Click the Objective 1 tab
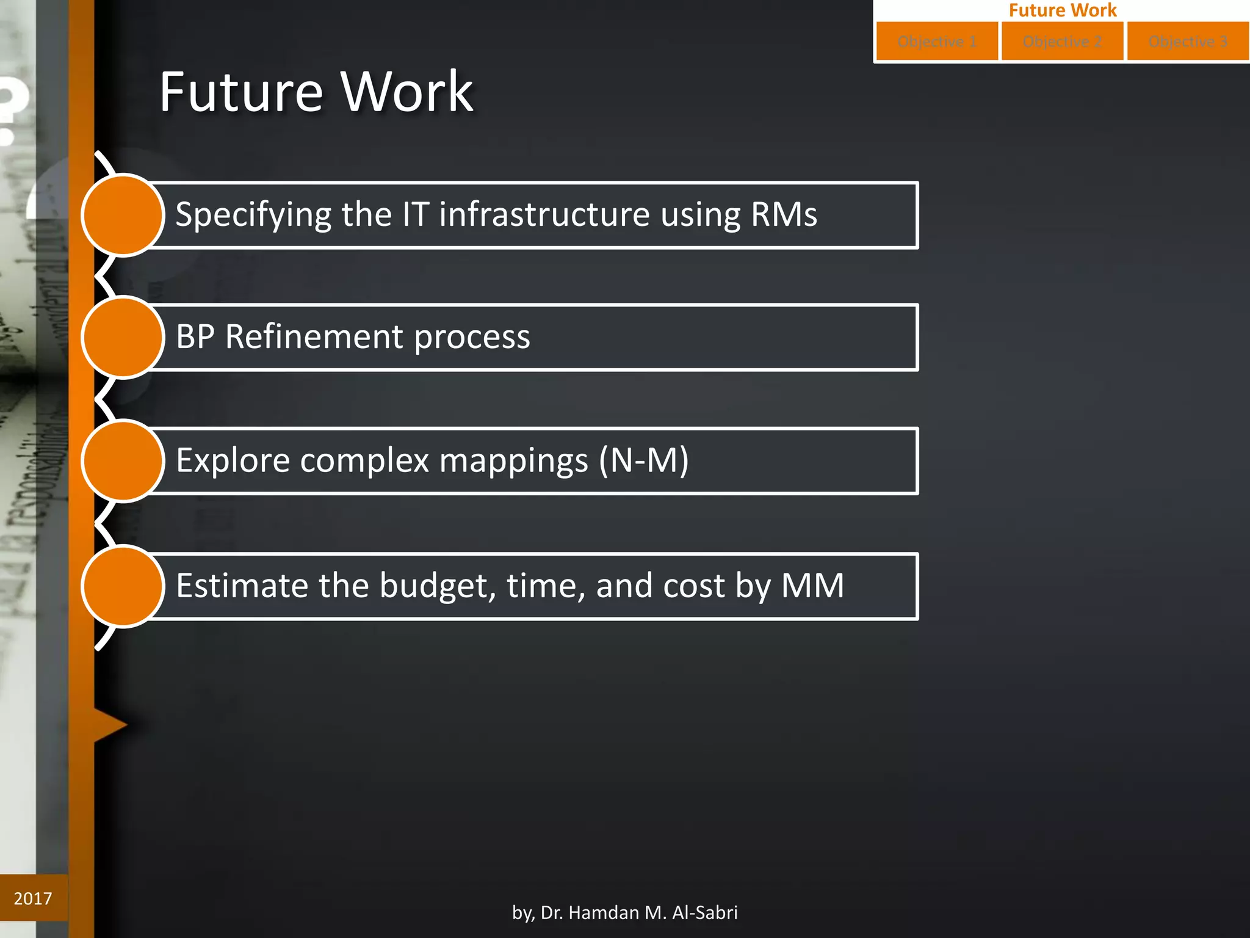pyautogui.click(x=937, y=42)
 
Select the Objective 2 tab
pyautogui.click(x=1062, y=42)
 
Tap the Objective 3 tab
pyautogui.click(x=1188, y=42)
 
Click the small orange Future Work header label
pyautogui.click(x=1062, y=10)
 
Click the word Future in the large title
pyautogui.click(x=240, y=92)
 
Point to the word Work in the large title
pyautogui.click(x=406, y=92)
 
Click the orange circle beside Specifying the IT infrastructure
pyautogui.click(x=123, y=215)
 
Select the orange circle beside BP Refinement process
pyautogui.click(x=123, y=337)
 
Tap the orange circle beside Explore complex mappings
pyautogui.click(x=123, y=460)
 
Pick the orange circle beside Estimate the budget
pyautogui.click(x=123, y=586)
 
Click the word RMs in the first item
pyautogui.click(x=784, y=215)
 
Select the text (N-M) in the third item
pyautogui.click(x=643, y=460)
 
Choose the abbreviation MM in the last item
pyautogui.click(x=812, y=586)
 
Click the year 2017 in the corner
pyautogui.click(x=33, y=898)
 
